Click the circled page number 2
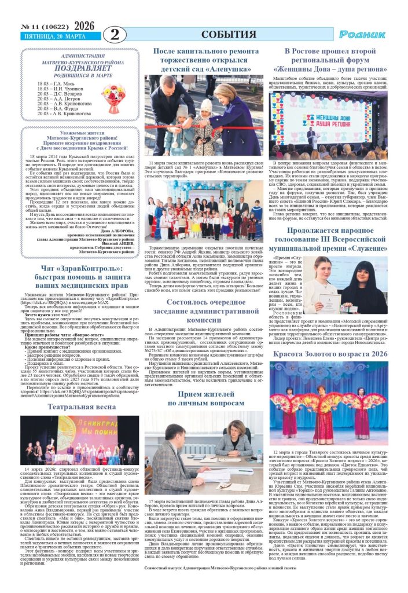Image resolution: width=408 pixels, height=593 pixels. pos(116,34)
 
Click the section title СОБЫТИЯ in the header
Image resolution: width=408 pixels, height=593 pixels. pos(229,34)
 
